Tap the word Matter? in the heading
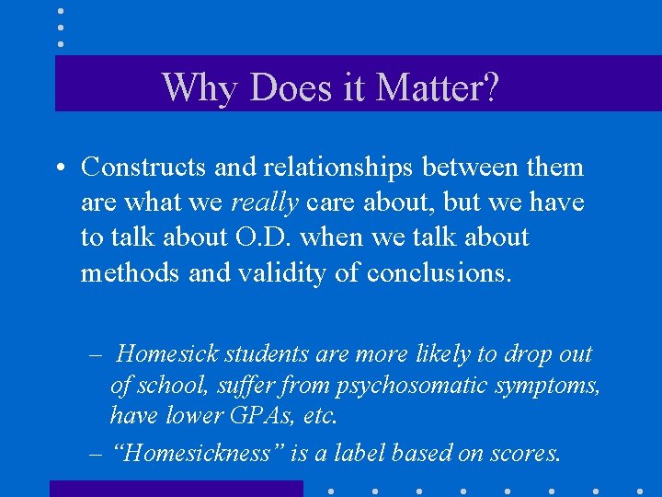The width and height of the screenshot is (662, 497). (x=438, y=88)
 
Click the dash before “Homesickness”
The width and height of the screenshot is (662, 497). (x=95, y=453)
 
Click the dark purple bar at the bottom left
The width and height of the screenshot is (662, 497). (x=176, y=489)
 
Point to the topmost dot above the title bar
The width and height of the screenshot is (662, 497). (x=60, y=11)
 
